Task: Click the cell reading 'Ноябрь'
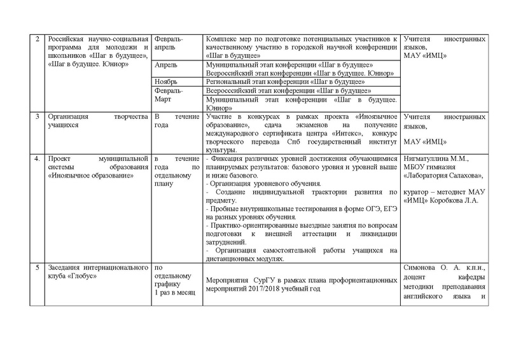click(167, 82)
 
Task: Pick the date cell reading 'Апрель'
click(167, 65)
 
